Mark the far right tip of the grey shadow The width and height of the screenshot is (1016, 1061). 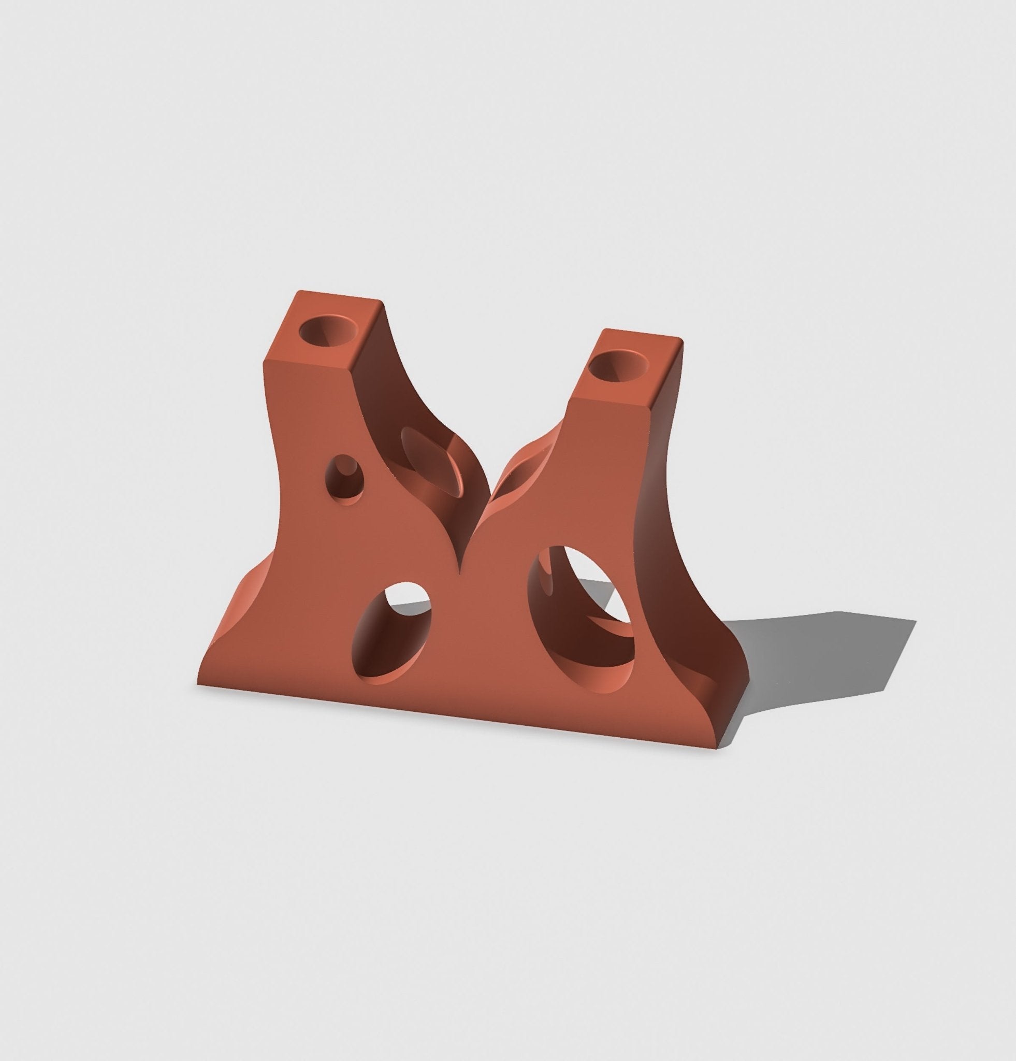[x=916, y=622]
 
